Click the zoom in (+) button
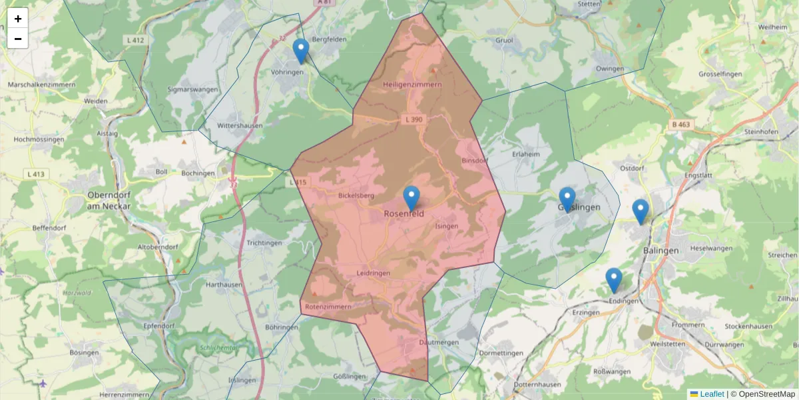click(18, 19)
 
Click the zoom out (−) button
click(18, 39)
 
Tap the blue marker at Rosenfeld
click(412, 197)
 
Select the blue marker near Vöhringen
click(301, 50)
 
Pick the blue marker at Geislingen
click(567, 199)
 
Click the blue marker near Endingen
click(613, 279)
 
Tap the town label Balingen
click(661, 250)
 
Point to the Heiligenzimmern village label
click(412, 85)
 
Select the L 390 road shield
click(413, 119)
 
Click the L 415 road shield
click(298, 182)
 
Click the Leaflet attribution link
click(711, 394)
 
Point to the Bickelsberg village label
click(357, 196)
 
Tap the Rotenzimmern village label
click(328, 307)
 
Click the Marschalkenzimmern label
click(42, 85)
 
